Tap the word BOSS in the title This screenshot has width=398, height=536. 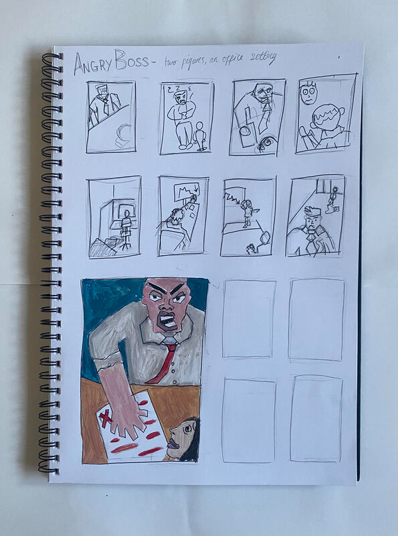click(131, 60)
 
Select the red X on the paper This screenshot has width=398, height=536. click(107, 419)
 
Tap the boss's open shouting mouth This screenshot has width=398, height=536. click(168, 321)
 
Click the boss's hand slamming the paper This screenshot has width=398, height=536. click(127, 414)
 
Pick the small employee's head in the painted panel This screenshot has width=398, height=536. click(184, 439)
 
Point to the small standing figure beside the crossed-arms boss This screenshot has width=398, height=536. click(200, 136)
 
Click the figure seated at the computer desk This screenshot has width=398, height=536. click(126, 228)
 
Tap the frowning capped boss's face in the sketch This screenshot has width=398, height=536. click(313, 222)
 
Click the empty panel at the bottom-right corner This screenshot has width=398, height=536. click(316, 419)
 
